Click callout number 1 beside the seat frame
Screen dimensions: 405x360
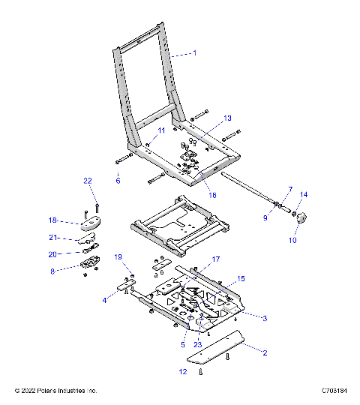coord(195,53)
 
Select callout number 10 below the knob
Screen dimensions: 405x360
coord(292,241)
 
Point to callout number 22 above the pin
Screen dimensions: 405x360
coord(87,181)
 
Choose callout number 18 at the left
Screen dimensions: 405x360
coord(52,220)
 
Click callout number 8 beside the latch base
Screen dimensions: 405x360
coord(52,272)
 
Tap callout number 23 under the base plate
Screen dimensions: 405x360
coord(198,345)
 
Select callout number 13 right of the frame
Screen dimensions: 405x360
coord(228,118)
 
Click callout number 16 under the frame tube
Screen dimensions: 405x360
coord(212,194)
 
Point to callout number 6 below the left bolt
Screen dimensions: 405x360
coord(117,181)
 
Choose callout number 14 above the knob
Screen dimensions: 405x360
coord(304,194)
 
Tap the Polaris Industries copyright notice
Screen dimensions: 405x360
coord(56,391)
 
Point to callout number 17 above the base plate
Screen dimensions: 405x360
coord(216,259)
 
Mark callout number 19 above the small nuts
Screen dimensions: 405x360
coord(118,256)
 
